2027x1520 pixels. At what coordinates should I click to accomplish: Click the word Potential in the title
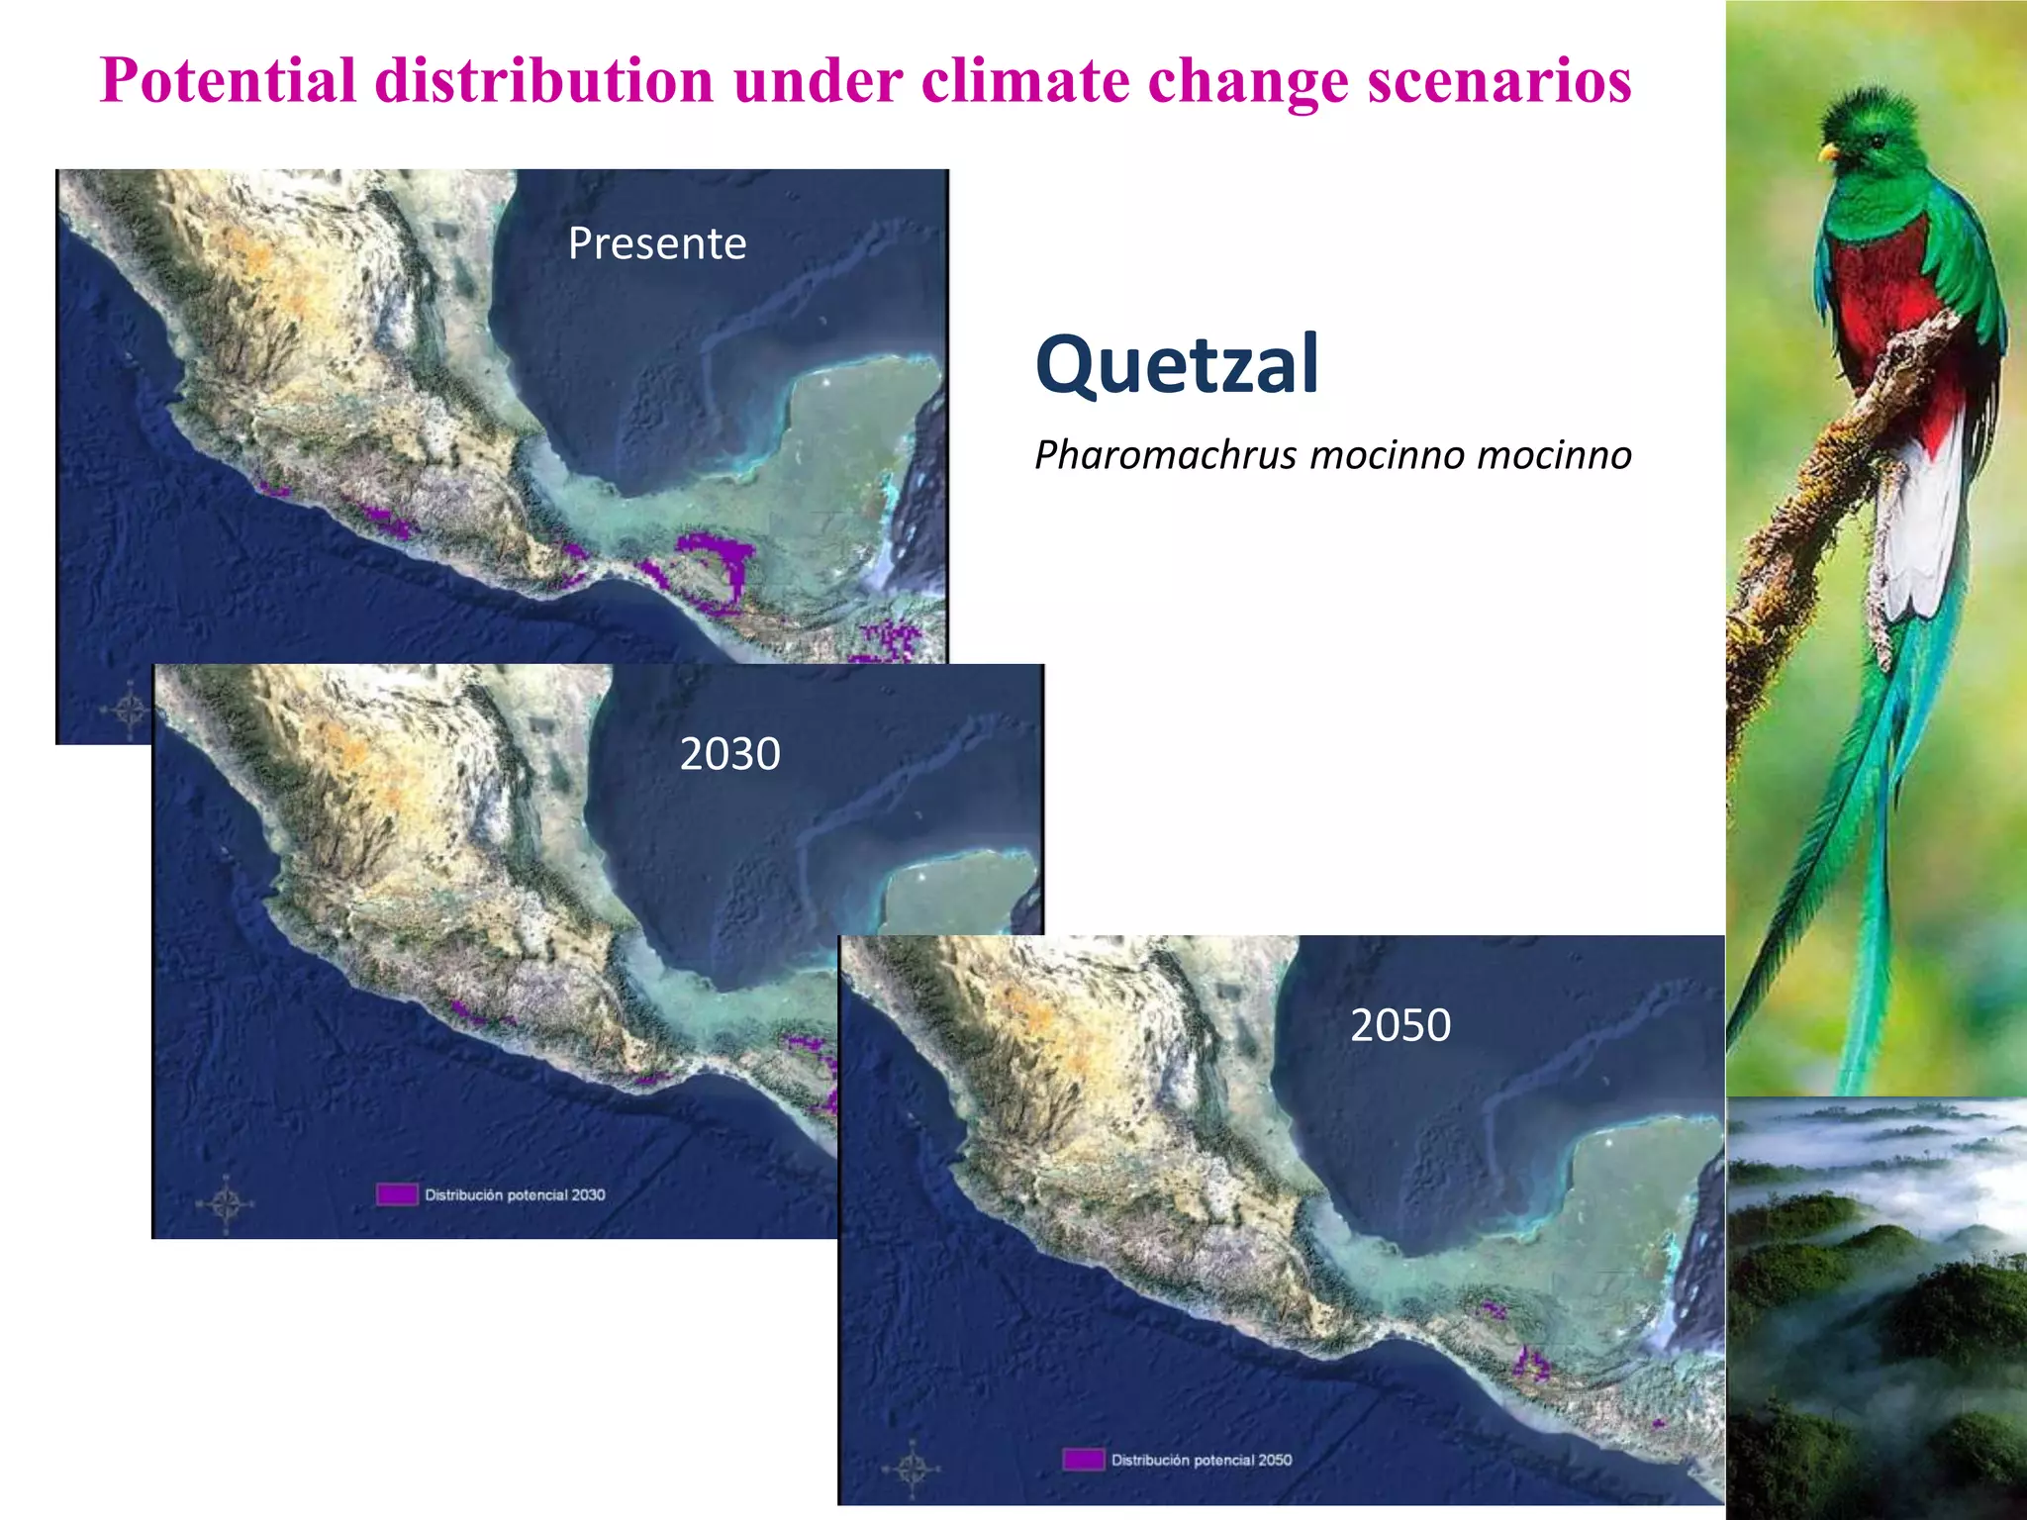click(228, 81)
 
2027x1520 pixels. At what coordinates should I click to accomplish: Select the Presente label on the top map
click(657, 243)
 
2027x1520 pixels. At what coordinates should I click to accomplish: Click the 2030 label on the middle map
click(729, 754)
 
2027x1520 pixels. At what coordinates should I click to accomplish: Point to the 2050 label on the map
click(1400, 1025)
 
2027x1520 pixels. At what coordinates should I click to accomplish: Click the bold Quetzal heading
click(1177, 364)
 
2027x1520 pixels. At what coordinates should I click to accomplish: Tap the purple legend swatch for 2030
click(396, 1194)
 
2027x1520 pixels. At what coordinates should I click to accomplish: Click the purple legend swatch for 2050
click(1083, 1460)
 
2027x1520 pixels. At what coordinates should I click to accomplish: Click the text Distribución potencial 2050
click(1201, 1460)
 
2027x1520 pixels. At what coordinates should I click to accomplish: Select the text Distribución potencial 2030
click(515, 1194)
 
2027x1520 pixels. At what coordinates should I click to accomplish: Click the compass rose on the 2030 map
click(226, 1203)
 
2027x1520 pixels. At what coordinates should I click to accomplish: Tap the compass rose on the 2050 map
click(912, 1469)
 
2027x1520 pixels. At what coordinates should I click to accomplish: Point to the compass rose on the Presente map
click(130, 710)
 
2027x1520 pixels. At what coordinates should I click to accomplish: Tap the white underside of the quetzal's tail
click(1920, 534)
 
